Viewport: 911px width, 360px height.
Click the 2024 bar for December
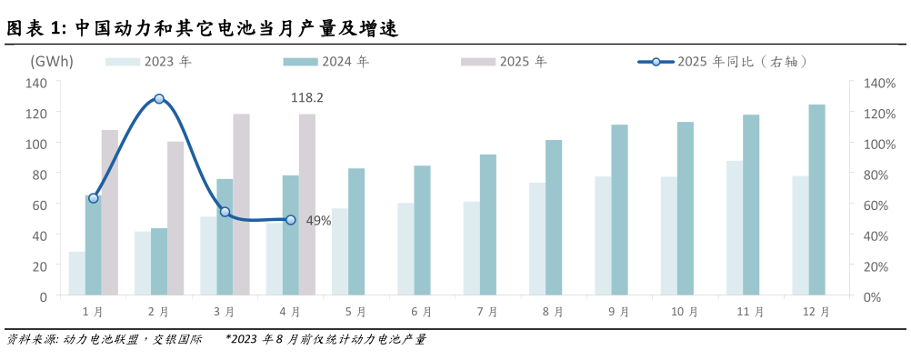point(816,200)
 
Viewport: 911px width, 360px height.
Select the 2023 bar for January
point(76,274)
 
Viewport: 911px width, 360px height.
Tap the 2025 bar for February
point(175,218)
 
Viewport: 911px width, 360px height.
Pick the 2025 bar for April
point(307,205)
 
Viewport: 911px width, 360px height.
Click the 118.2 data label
point(307,97)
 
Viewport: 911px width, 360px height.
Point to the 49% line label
point(318,221)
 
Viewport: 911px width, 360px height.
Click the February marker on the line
point(159,98)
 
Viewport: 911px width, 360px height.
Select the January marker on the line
point(93,197)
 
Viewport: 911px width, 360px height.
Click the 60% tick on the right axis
point(874,205)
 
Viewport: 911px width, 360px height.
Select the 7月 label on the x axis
point(487,312)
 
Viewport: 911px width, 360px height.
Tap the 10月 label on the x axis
point(685,312)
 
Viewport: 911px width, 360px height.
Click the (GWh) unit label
point(52,62)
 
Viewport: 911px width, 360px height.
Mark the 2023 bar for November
point(735,228)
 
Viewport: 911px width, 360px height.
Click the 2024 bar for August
point(554,217)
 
